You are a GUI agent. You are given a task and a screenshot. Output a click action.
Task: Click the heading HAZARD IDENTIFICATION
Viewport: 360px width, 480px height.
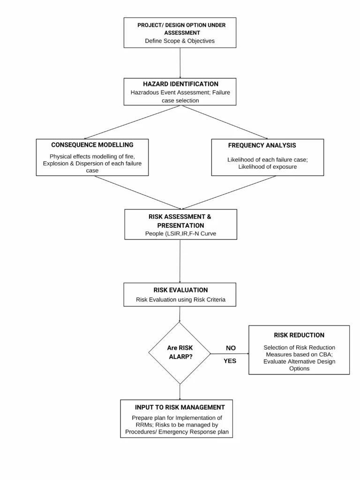(180, 83)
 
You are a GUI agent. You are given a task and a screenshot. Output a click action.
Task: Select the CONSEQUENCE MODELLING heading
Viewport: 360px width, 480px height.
(92, 145)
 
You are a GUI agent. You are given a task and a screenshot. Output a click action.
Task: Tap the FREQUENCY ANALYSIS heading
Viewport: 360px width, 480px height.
(262, 145)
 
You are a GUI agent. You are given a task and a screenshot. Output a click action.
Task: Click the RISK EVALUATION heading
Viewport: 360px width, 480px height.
(180, 290)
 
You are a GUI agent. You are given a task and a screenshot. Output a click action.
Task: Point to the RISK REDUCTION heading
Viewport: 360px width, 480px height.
(299, 335)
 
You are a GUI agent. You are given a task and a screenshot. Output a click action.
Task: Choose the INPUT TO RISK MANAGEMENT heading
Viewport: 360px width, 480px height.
(180, 407)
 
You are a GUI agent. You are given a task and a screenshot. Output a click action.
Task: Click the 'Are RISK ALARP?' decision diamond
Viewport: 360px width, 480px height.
(180, 353)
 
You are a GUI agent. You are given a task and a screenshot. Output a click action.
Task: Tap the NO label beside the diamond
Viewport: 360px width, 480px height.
(231, 348)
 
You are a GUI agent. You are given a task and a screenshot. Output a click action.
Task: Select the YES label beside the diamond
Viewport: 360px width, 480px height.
(230, 361)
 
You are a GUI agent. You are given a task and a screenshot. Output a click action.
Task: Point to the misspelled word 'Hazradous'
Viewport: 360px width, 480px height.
(145, 92)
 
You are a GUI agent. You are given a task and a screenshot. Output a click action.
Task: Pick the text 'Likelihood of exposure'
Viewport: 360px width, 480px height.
(268, 166)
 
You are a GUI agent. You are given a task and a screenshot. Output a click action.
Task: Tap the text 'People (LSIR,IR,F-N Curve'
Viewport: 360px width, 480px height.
(180, 233)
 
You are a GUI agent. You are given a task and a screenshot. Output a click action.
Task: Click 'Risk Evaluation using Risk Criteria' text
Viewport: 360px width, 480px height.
(180, 300)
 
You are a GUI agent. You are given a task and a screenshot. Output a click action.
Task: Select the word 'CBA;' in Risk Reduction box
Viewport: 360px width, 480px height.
(327, 354)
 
